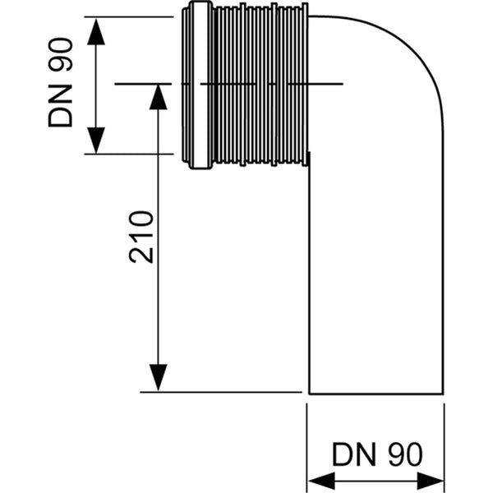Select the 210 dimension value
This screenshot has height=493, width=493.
point(141,237)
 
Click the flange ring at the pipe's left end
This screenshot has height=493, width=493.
point(197,86)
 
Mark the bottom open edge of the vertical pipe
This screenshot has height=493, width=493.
point(376,392)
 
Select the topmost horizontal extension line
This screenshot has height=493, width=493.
point(131,16)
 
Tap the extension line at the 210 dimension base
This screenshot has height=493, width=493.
point(222,392)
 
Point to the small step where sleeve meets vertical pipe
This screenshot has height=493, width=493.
point(308,158)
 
